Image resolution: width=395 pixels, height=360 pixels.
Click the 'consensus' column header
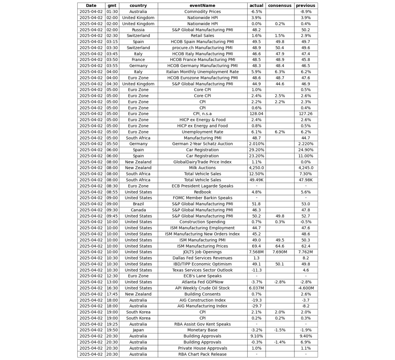coord(279,5)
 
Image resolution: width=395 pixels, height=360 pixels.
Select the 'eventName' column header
coord(202,5)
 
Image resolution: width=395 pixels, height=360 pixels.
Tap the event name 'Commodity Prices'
coord(202,12)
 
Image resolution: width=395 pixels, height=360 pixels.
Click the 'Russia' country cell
coord(138,30)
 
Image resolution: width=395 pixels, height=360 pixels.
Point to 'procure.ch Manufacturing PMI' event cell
coord(202,48)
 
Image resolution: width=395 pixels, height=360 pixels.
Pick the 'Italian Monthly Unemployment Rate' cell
coord(202,72)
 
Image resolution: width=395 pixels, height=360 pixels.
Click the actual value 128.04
coord(256,114)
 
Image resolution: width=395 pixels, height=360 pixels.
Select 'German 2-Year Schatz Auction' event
coord(202,144)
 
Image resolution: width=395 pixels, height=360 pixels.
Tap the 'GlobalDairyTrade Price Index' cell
coord(202,162)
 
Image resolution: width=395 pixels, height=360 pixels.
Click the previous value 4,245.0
coord(305,168)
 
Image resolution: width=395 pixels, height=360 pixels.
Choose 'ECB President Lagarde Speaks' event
coord(202,186)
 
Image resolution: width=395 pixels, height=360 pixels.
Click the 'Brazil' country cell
coord(138,204)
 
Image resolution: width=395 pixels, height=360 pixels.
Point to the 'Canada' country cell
coord(138,210)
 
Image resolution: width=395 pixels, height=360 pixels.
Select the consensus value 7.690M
coord(279,252)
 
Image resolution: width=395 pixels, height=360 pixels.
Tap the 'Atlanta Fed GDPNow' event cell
coord(202,282)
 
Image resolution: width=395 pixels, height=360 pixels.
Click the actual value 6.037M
coord(256,288)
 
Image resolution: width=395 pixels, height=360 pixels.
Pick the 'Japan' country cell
coord(138,330)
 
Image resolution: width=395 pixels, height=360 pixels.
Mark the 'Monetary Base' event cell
coord(202,330)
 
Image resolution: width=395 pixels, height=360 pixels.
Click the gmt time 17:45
coord(112,294)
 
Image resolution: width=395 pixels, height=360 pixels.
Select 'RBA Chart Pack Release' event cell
coord(202,354)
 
